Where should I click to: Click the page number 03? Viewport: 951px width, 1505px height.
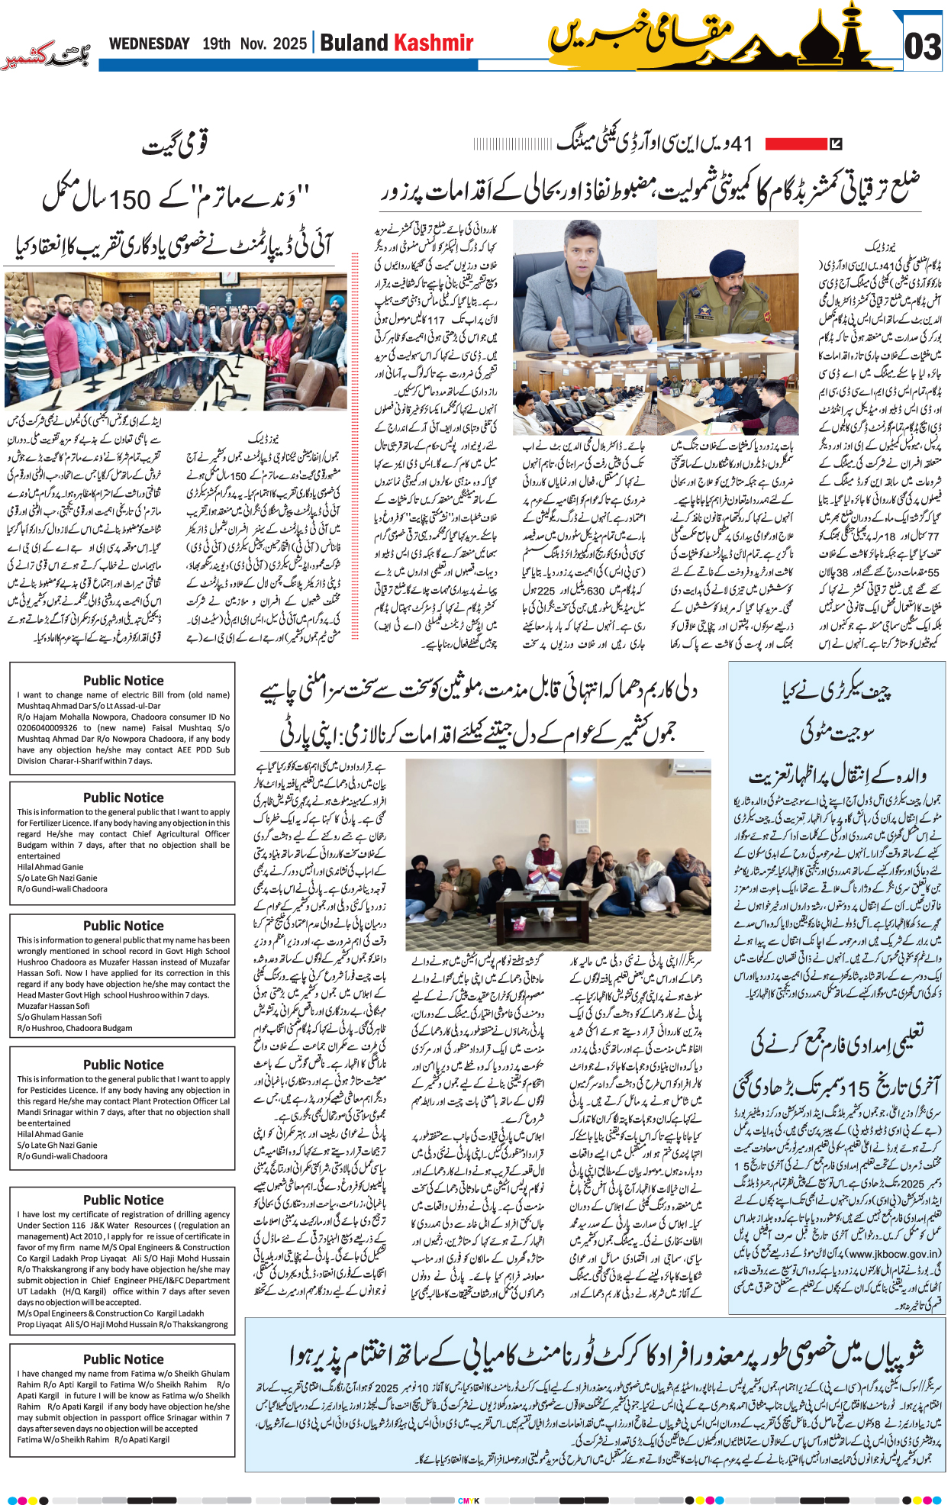[x=922, y=47]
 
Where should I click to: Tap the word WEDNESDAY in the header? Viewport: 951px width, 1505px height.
[x=149, y=44]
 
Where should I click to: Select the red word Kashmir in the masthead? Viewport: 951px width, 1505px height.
[x=433, y=43]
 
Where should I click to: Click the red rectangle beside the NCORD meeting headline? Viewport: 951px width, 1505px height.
[x=796, y=143]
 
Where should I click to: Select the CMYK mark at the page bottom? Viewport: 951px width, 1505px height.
[x=469, y=1500]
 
